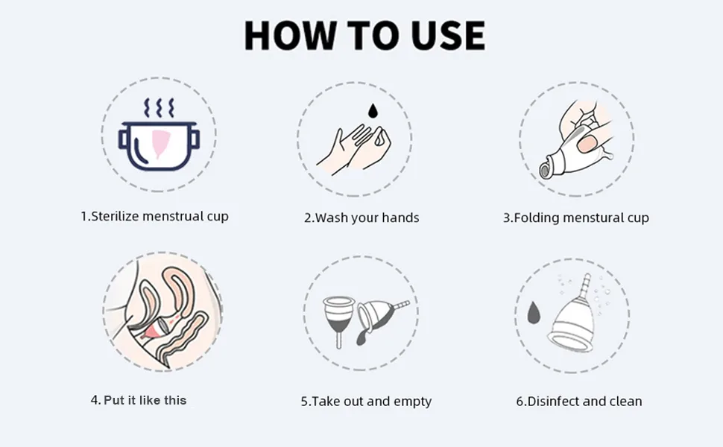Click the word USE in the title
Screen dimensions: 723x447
(x=448, y=35)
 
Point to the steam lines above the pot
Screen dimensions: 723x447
(x=159, y=108)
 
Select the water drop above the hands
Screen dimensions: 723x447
(x=373, y=110)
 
